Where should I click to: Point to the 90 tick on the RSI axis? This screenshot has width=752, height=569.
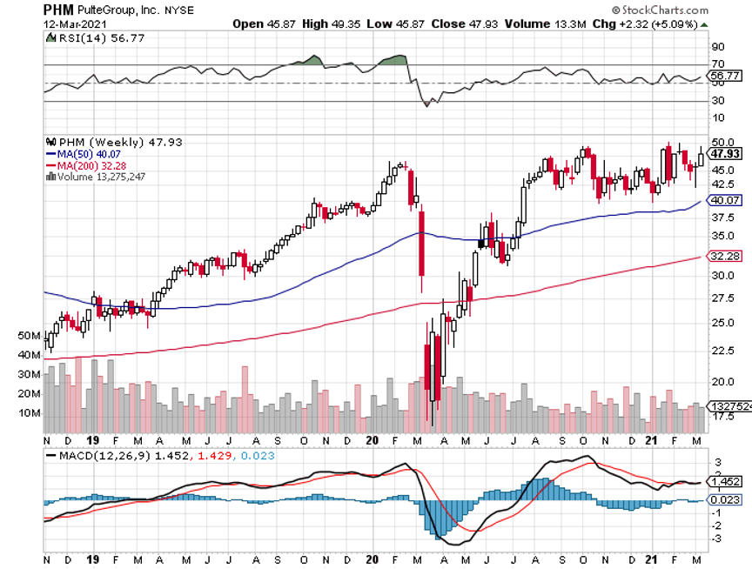[x=717, y=47]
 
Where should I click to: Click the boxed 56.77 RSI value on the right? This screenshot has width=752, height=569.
[x=726, y=77]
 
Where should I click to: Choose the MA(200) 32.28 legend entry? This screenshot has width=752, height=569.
[x=85, y=164]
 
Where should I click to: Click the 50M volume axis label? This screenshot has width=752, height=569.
[x=53, y=335]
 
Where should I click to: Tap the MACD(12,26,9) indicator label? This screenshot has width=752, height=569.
[x=98, y=454]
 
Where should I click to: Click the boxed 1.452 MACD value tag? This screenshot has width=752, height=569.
[x=726, y=481]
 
